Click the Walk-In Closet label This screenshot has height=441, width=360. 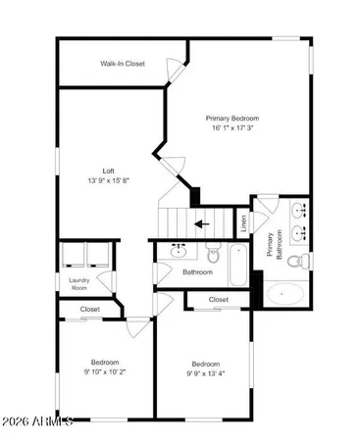click(x=123, y=64)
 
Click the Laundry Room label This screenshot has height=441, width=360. click(x=79, y=285)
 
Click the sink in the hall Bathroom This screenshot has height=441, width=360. click(x=180, y=250)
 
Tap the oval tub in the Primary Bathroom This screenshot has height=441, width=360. click(x=286, y=293)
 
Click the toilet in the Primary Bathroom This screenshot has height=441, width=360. click(x=305, y=261)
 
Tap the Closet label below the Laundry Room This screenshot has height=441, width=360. click(x=90, y=310)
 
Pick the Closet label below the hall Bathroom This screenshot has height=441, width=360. click(x=218, y=299)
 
